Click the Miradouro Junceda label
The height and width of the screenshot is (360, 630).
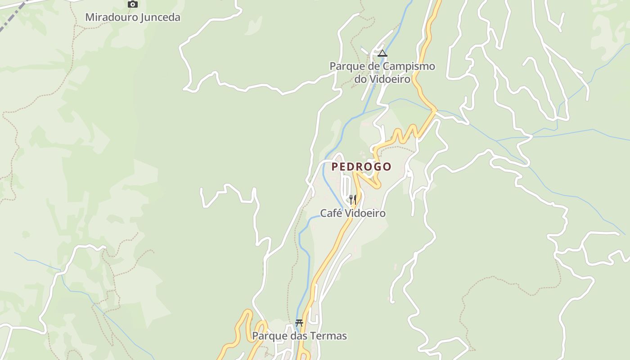[x=133, y=18]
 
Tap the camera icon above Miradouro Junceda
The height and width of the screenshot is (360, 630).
[x=132, y=4]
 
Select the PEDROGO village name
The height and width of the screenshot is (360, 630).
[x=361, y=166]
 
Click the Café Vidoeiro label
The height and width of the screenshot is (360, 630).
[x=353, y=213]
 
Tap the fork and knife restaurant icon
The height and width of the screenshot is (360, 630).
[x=353, y=199]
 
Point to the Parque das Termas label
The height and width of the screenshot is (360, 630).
[x=299, y=336]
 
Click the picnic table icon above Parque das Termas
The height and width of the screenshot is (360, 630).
[x=299, y=323]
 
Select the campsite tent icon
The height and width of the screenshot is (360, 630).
[x=382, y=54]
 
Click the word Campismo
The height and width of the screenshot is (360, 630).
[x=409, y=66]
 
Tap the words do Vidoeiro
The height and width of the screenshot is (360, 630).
[x=382, y=79]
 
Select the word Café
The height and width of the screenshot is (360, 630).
[x=330, y=213]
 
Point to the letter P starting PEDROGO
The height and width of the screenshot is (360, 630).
[x=335, y=166]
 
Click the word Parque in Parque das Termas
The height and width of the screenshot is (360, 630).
[x=267, y=336]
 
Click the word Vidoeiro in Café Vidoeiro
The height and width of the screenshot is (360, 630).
[x=364, y=213]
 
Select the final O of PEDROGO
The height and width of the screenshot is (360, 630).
[x=387, y=166]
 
